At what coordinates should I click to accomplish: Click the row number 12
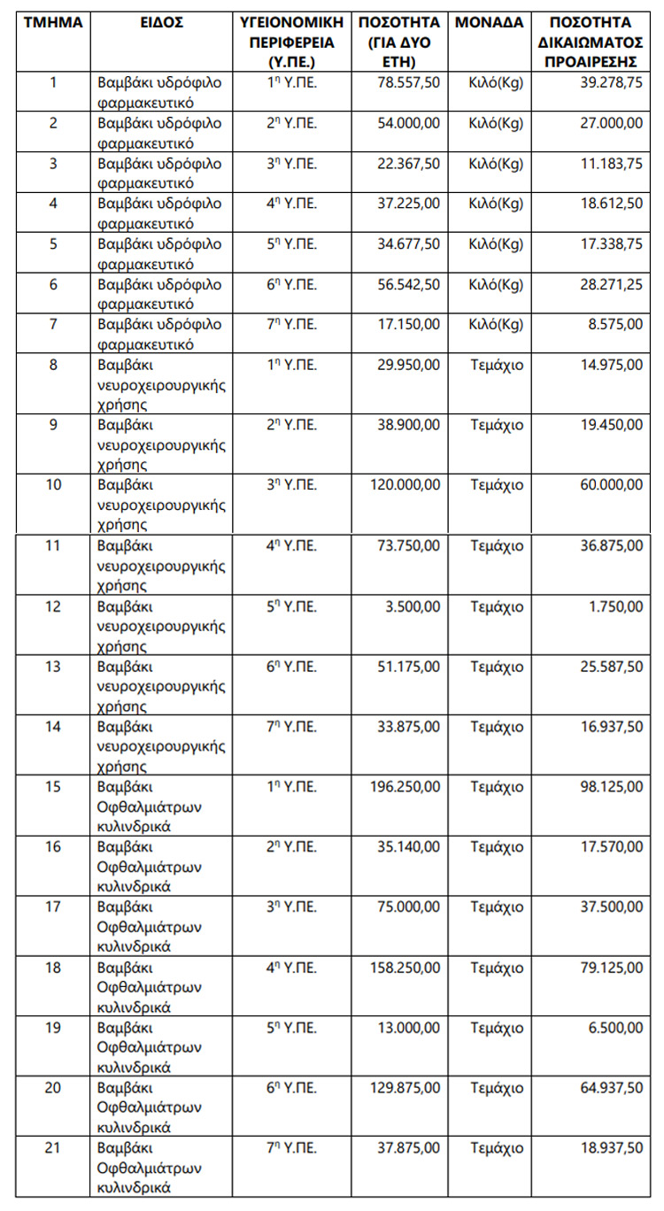click(x=52, y=607)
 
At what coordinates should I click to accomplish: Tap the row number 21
click(x=52, y=1148)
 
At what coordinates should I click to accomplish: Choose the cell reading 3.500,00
click(x=413, y=607)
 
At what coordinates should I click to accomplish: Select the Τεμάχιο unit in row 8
click(x=496, y=365)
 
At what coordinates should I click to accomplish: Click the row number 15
click(x=52, y=786)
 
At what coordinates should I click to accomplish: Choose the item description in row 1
click(x=159, y=91)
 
